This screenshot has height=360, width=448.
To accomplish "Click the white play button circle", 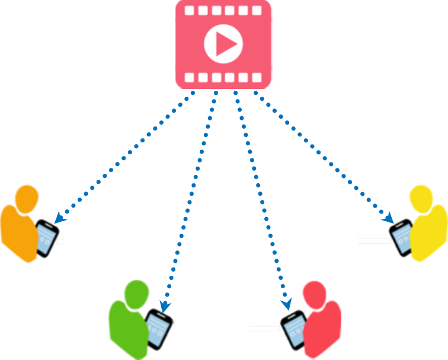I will [223, 44].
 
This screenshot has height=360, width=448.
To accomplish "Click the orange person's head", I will [27, 199].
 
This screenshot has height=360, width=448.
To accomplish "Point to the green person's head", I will [136, 292].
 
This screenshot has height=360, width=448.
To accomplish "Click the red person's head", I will [314, 294].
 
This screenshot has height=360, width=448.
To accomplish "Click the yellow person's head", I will [421, 199].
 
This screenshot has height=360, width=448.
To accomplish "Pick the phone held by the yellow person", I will [401, 237].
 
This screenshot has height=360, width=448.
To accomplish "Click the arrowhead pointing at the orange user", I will [59, 218].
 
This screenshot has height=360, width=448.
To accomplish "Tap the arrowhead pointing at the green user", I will [165, 307].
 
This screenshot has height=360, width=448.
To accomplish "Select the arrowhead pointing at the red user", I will [287, 304].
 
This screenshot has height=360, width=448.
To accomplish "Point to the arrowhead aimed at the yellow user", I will [389, 218].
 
